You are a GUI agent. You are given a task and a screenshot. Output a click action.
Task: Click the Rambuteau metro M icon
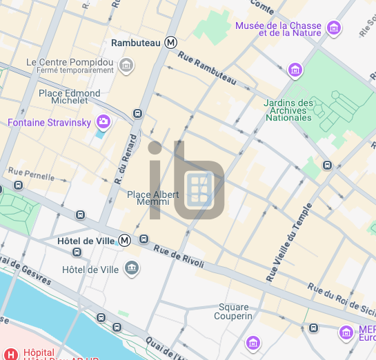(170, 43)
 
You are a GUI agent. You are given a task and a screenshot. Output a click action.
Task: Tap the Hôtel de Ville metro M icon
(125, 241)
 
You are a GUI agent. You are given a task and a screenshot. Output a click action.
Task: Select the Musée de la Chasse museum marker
(335, 28)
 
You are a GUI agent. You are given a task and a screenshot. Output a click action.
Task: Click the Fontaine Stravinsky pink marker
(103, 123)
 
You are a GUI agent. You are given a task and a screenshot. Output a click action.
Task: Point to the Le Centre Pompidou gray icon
(126, 66)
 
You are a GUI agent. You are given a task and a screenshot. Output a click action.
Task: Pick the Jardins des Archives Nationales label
(288, 110)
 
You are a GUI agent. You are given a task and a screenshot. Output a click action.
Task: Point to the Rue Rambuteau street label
(206, 70)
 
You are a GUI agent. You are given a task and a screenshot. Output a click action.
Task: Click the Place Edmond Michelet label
(69, 97)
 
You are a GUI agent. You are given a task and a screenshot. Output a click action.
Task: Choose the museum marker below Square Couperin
(253, 342)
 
